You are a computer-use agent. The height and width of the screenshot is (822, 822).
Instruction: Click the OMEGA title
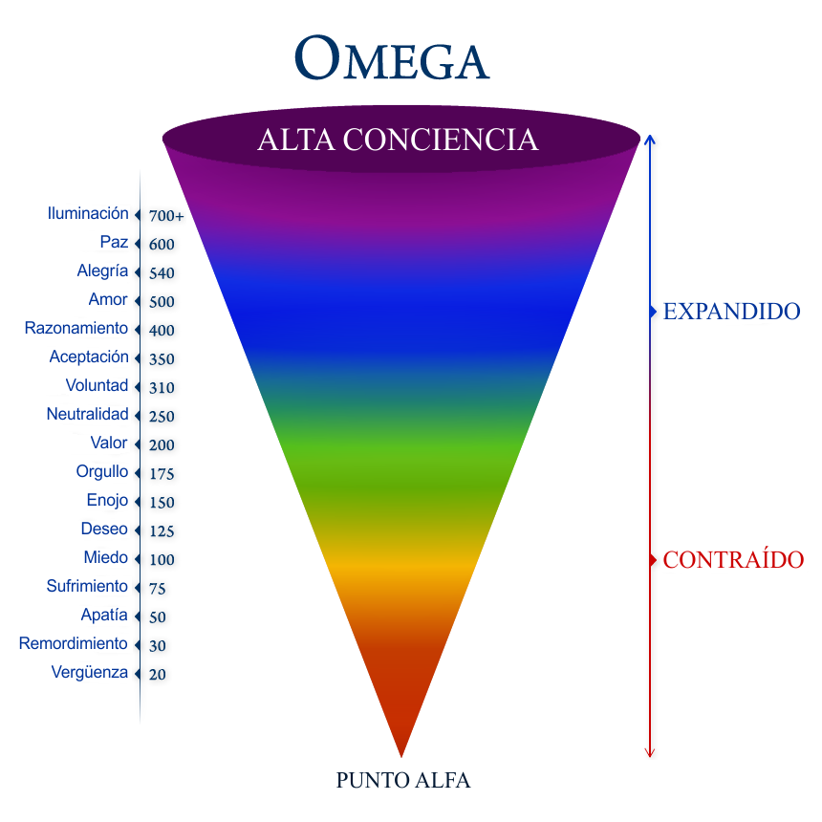[392, 58]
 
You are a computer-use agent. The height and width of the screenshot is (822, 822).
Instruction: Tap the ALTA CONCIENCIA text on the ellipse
[398, 140]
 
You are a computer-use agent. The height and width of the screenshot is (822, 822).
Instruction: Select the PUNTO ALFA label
[403, 780]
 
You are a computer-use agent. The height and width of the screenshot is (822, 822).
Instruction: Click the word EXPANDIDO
[732, 312]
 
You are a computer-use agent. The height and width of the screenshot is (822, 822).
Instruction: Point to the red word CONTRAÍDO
[733, 559]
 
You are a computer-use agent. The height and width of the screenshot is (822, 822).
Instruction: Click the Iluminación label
[88, 213]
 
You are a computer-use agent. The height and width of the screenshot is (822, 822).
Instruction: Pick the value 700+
[166, 215]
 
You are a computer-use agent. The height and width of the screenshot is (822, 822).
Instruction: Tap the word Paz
[115, 242]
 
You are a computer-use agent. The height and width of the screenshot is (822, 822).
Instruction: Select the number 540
[162, 273]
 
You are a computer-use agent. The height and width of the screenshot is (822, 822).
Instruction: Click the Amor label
[108, 299]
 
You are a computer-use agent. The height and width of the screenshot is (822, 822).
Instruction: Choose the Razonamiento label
[76, 328]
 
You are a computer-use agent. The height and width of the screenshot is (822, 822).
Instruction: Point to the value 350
[162, 359]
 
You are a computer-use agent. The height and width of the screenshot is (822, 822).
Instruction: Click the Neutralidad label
[88, 414]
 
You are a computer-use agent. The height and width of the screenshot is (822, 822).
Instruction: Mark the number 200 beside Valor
[162, 445]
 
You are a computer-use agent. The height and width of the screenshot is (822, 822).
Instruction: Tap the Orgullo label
[102, 472]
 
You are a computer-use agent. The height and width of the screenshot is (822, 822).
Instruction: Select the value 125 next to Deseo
[162, 531]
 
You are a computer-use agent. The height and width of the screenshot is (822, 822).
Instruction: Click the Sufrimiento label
[87, 586]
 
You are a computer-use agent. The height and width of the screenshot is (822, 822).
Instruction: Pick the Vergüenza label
[90, 673]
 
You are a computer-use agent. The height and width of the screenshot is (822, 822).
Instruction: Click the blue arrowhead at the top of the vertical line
[650, 139]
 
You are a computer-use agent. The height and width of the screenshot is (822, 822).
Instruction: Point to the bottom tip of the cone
[401, 756]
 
